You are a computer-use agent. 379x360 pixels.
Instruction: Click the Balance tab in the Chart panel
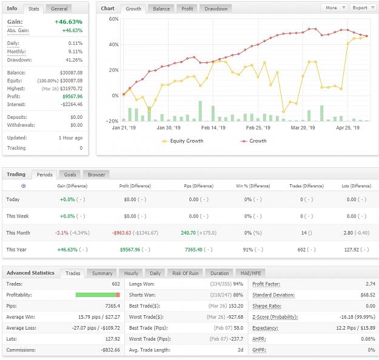pos(161,9)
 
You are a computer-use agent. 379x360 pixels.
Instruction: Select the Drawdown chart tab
pos(216,9)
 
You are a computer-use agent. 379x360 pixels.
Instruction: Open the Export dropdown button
pos(363,8)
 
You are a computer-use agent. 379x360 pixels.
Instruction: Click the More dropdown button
pos(334,8)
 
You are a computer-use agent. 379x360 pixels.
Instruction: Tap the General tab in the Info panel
pos(59,9)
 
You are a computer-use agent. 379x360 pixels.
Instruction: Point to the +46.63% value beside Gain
pos(69,22)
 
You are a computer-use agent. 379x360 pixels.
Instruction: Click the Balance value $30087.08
pos(72,73)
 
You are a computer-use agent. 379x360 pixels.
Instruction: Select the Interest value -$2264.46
pos(72,104)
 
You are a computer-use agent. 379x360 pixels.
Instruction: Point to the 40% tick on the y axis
pos(113,44)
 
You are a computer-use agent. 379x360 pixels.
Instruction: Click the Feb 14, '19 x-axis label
pos(213,128)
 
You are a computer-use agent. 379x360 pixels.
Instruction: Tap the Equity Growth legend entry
pos(183,141)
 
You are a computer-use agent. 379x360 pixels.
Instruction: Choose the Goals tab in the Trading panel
pos(70,175)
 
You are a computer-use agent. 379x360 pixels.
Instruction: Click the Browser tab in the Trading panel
pos(96,175)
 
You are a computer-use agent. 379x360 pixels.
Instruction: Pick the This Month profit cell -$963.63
pos(121,233)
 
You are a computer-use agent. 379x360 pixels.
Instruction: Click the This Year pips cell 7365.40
pos(193,250)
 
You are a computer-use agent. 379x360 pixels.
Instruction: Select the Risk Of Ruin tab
pos(186,273)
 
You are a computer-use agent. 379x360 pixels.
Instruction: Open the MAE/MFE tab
pos(250,273)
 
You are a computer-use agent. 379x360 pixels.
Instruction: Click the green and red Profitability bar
pos(98,295)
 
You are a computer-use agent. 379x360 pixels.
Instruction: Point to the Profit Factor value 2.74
pos(371,284)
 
